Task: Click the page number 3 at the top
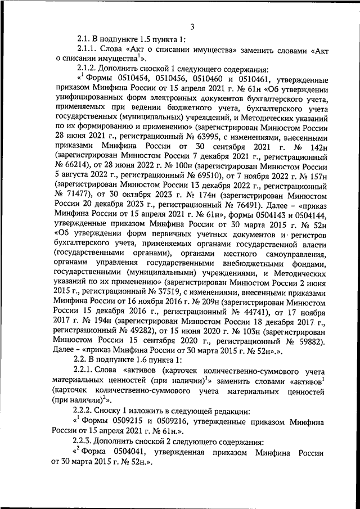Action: coord(192,26)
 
